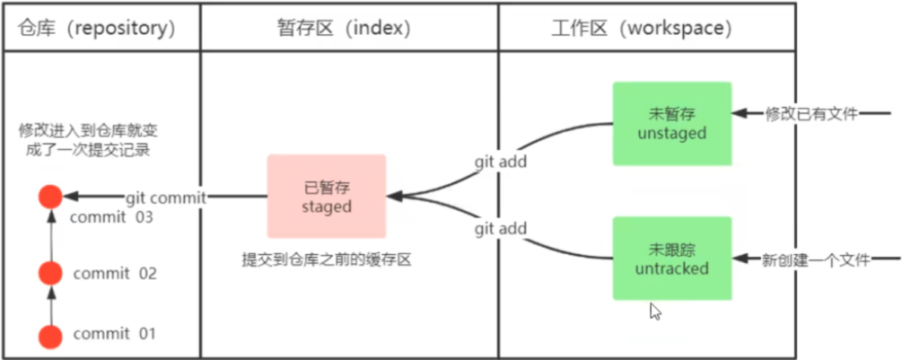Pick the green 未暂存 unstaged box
tap(672, 124)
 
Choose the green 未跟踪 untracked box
tap(672, 259)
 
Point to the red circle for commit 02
tap(51, 271)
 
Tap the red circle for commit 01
tap(51, 337)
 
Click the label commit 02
tap(115, 273)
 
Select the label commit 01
tap(115, 334)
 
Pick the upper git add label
tap(501, 162)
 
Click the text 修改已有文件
tap(811, 114)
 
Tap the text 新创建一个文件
tap(817, 259)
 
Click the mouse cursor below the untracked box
tap(655, 311)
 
